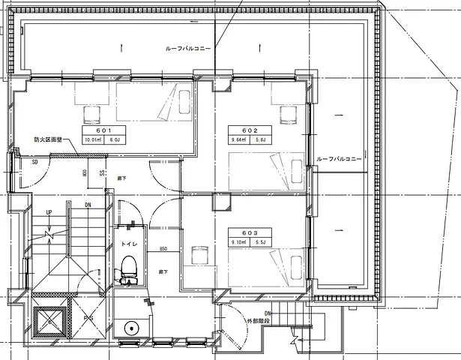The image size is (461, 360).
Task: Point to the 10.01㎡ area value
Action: point(92,139)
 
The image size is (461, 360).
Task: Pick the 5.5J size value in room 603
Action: point(261,242)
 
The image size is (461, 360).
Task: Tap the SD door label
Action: point(34,161)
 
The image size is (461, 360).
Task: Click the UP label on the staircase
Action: point(49,212)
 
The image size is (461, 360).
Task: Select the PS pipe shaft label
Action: point(88,318)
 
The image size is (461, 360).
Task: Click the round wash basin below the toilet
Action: point(132,328)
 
